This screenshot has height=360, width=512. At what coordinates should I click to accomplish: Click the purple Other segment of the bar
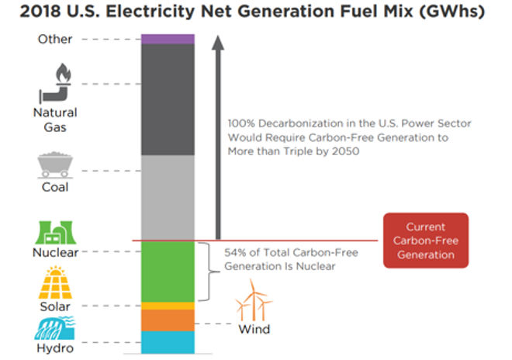[x=168, y=39]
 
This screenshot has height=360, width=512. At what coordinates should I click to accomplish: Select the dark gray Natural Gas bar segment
[x=168, y=99]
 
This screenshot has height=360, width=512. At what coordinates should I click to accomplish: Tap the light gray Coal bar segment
[x=168, y=197]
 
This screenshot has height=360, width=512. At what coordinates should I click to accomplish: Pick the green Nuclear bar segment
[x=168, y=271]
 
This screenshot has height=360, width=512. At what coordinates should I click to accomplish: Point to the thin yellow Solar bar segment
[x=168, y=306]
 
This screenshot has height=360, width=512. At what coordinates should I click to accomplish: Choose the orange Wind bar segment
[x=168, y=320]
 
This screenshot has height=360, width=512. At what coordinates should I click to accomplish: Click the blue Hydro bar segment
[x=168, y=341]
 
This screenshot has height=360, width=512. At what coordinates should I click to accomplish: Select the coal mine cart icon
[x=55, y=167]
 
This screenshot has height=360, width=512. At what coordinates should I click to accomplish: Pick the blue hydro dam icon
[x=55, y=329]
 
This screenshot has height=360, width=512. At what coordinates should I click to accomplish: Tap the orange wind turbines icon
[x=254, y=301]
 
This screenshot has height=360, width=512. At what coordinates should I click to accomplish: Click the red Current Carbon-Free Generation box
[x=426, y=241]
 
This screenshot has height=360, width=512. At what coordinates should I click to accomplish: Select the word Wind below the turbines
[x=254, y=330]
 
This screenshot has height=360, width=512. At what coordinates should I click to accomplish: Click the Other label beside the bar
[x=55, y=39]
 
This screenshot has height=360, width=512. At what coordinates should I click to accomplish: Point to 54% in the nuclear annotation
[x=236, y=253]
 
